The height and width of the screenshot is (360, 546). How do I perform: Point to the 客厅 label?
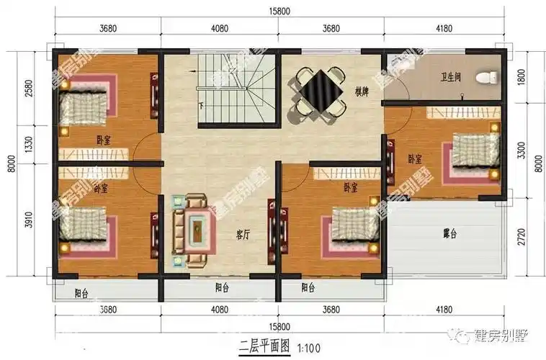tap(243, 235)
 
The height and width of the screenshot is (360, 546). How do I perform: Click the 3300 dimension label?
tap(521, 149)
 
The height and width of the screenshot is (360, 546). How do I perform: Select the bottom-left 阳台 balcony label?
tap(81, 293)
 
